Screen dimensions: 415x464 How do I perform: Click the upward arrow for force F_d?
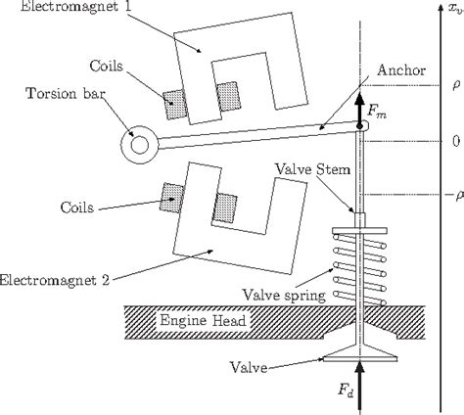(360, 385)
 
